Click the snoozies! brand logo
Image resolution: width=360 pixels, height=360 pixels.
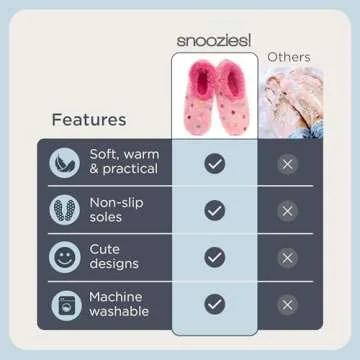point(214,39)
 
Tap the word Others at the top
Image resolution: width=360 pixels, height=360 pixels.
point(288,57)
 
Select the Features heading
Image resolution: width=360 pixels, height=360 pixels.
point(89,120)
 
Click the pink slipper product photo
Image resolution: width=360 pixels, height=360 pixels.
point(214,94)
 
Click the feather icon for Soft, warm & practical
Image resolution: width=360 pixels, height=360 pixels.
point(65,163)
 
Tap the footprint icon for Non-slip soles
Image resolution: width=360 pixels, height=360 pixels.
point(65,210)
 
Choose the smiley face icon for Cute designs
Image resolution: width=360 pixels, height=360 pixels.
point(65,257)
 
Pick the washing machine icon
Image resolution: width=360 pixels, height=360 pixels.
point(65,304)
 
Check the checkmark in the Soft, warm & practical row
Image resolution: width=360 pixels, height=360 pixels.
point(214,163)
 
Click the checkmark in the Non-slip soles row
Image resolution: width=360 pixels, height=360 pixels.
point(214,210)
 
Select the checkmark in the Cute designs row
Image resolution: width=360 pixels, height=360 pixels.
point(214,257)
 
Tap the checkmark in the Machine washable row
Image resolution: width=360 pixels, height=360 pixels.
point(214,304)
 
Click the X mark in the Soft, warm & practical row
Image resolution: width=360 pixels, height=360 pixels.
point(288,163)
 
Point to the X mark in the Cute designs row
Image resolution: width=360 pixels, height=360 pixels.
point(288,257)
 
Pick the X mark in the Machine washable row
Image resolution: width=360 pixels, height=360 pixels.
point(288,304)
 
